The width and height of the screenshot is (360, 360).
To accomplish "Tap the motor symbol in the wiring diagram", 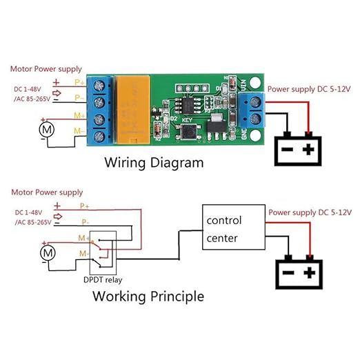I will tap(46, 128).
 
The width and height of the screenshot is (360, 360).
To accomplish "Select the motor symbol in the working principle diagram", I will tap(46, 254).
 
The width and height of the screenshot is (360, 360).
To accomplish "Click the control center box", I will tap(233, 229).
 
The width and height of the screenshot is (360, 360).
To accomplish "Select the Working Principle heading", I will tap(148, 297).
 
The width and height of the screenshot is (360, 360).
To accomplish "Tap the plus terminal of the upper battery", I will tap(310, 149).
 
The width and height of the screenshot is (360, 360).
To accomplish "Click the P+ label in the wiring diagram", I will tap(79, 80).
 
